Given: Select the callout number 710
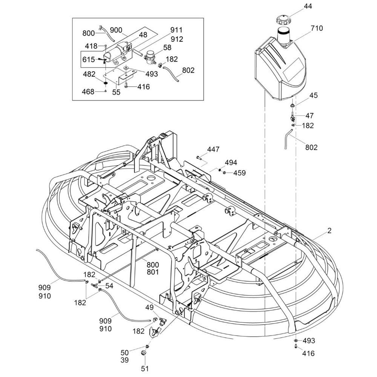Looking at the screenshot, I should [317, 28].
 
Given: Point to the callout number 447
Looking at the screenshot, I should [213, 150].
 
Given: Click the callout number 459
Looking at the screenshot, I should [239, 173].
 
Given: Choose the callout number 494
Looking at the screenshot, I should [231, 162].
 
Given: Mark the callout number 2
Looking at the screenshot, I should [329, 231].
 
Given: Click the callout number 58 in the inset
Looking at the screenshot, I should [167, 47].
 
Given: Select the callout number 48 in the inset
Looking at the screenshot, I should [132, 35].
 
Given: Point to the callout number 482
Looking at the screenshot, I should [89, 74].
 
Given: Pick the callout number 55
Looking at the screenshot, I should [116, 92].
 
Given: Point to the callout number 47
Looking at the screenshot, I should [309, 116].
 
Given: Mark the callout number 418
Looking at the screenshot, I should [91, 46].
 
